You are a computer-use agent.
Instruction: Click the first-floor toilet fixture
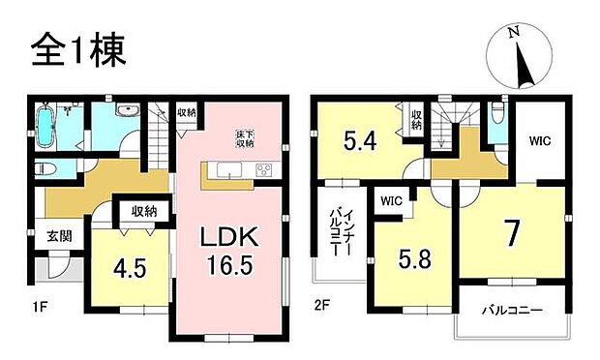coord(44,169)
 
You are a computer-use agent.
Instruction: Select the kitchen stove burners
coord(262,170)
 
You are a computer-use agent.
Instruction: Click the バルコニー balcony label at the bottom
coord(512,312)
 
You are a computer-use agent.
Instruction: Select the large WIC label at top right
coord(538,138)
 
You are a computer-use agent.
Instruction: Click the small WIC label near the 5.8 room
coord(391,201)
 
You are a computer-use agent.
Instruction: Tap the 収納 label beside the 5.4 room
coord(416,121)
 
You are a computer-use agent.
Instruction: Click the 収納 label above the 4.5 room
coord(144,210)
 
